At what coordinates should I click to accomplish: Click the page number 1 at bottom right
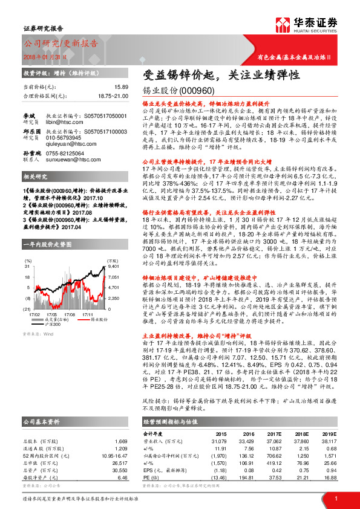tap(335, 498)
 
